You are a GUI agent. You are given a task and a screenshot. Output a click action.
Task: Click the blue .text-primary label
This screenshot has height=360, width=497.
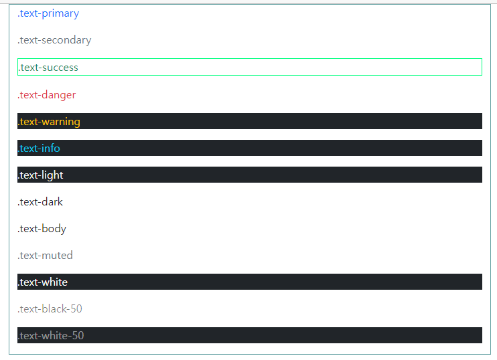(48, 13)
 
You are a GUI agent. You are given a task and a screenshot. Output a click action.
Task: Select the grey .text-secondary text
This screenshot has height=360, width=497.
(54, 40)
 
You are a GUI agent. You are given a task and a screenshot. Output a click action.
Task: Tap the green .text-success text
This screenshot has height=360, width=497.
(48, 68)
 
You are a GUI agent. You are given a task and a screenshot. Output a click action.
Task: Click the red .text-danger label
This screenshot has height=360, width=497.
(46, 95)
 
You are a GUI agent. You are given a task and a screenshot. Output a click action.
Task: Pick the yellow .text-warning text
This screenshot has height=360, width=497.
(48, 122)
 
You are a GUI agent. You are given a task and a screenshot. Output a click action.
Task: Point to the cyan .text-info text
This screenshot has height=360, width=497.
(39, 149)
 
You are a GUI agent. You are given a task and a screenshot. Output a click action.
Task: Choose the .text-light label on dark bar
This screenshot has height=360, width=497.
(40, 175)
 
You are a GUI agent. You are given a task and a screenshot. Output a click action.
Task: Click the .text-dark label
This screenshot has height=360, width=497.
(40, 202)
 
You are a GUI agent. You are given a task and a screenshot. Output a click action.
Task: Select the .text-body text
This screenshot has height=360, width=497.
(42, 229)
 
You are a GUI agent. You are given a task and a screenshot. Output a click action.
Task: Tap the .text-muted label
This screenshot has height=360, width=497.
(45, 256)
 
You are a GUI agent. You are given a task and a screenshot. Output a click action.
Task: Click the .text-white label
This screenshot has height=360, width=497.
(42, 282)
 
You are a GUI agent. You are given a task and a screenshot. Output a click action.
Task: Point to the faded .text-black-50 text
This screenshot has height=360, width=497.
(50, 309)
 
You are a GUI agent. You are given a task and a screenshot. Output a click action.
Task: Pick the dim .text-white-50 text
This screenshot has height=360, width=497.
(51, 336)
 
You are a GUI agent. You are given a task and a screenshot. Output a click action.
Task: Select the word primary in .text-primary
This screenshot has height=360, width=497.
(60, 13)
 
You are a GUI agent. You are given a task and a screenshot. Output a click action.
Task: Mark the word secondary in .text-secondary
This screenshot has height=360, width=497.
(66, 40)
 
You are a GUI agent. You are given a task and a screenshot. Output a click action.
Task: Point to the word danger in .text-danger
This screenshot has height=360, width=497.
(58, 95)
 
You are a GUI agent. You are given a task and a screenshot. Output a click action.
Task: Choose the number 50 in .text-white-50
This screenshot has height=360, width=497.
(78, 336)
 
